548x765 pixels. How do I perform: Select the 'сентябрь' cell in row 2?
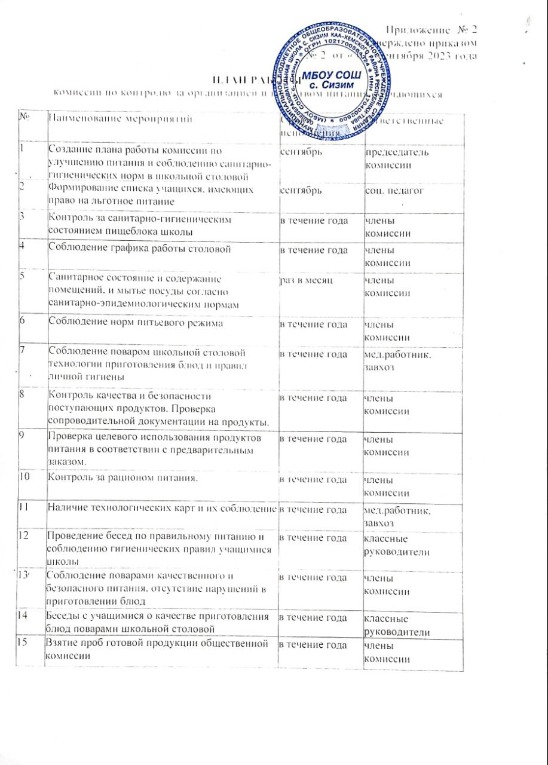(x=303, y=190)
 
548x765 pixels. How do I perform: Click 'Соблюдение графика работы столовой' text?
(x=139, y=248)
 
